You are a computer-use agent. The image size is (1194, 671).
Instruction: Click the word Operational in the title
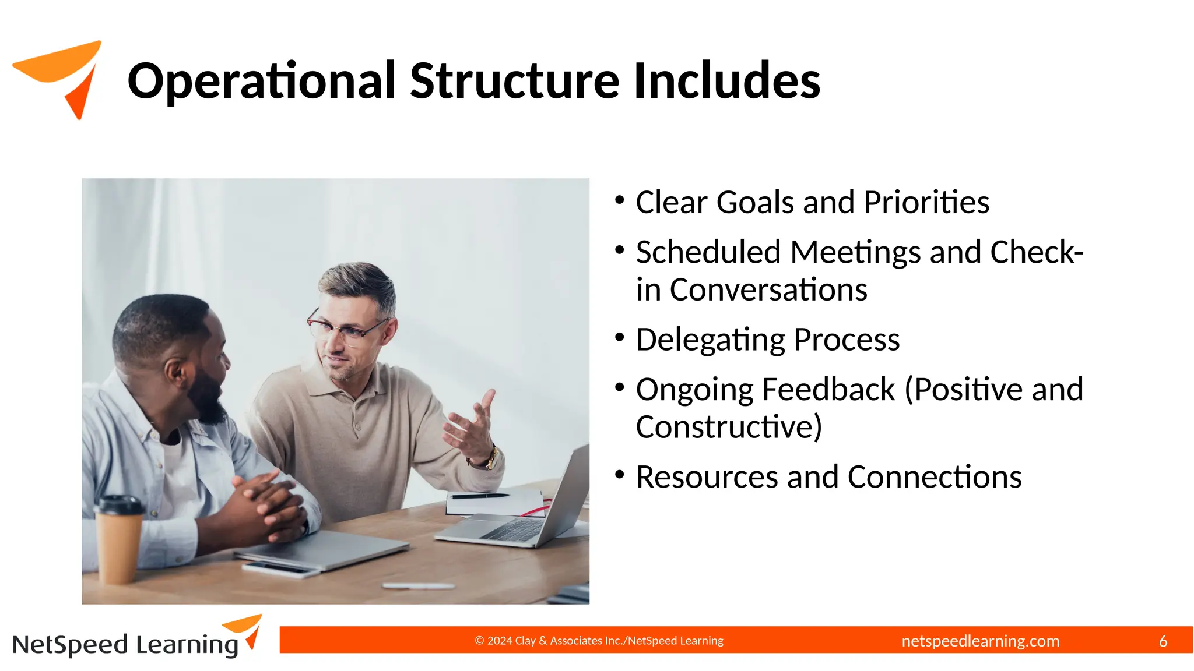point(262,82)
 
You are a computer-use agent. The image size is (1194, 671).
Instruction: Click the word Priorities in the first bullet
point(926,203)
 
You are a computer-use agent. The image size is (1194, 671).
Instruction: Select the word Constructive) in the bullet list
point(729,427)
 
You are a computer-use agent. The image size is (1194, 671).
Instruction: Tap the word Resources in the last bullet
point(707,477)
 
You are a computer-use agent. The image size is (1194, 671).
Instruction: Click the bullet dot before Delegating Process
point(619,337)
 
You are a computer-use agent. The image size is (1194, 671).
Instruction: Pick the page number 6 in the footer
point(1163,641)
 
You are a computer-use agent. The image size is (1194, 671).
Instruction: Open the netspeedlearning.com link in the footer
point(980,641)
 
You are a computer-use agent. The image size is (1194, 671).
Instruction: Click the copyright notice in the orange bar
point(599,641)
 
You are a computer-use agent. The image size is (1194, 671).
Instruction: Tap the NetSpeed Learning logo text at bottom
point(125,645)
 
